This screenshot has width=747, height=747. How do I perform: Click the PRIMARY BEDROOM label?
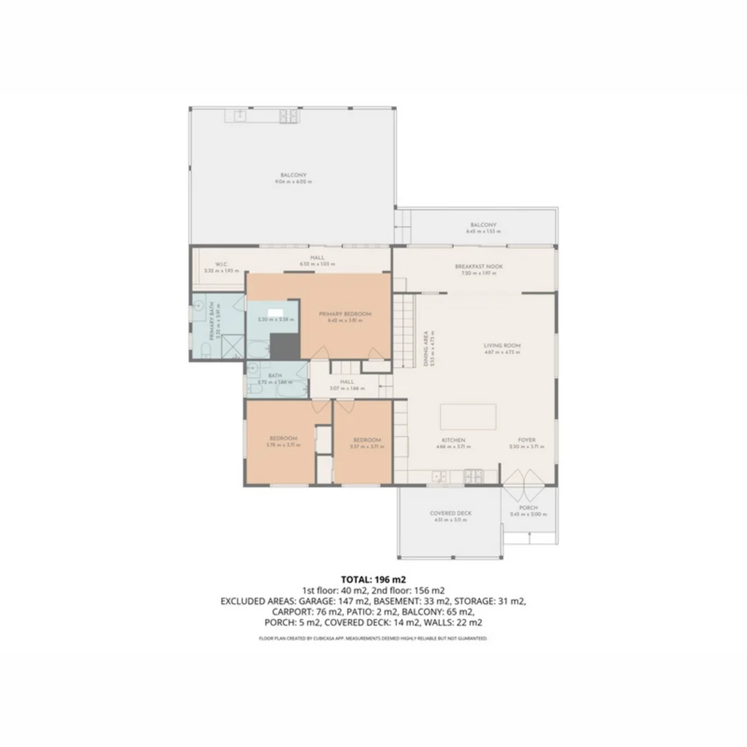point(344,314)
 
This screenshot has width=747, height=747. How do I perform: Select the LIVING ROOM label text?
point(502,345)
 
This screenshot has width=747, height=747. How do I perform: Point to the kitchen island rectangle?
point(468,417)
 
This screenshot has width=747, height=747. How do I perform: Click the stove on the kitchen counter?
point(473,475)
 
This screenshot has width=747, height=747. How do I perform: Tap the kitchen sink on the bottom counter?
point(437,476)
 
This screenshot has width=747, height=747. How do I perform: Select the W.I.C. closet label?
point(221,264)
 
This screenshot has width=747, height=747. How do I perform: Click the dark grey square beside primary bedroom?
point(283,346)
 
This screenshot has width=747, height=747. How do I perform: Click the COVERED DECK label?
point(450,513)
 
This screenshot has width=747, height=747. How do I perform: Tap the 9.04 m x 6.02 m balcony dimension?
point(293,182)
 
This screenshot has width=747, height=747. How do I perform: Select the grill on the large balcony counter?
point(288,117)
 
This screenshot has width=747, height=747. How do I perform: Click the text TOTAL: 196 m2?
point(373,578)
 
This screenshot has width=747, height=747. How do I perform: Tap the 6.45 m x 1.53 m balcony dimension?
point(483,232)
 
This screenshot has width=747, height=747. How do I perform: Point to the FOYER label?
point(527,440)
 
